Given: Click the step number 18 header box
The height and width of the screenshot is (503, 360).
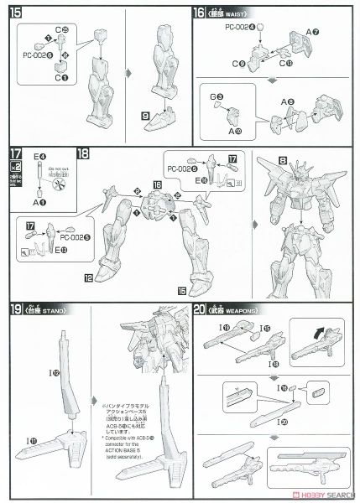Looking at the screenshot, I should [x=83, y=154].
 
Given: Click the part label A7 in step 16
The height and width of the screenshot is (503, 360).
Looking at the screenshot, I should [x=312, y=32].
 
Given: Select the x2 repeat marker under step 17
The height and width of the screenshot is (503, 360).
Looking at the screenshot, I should [x=15, y=166].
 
